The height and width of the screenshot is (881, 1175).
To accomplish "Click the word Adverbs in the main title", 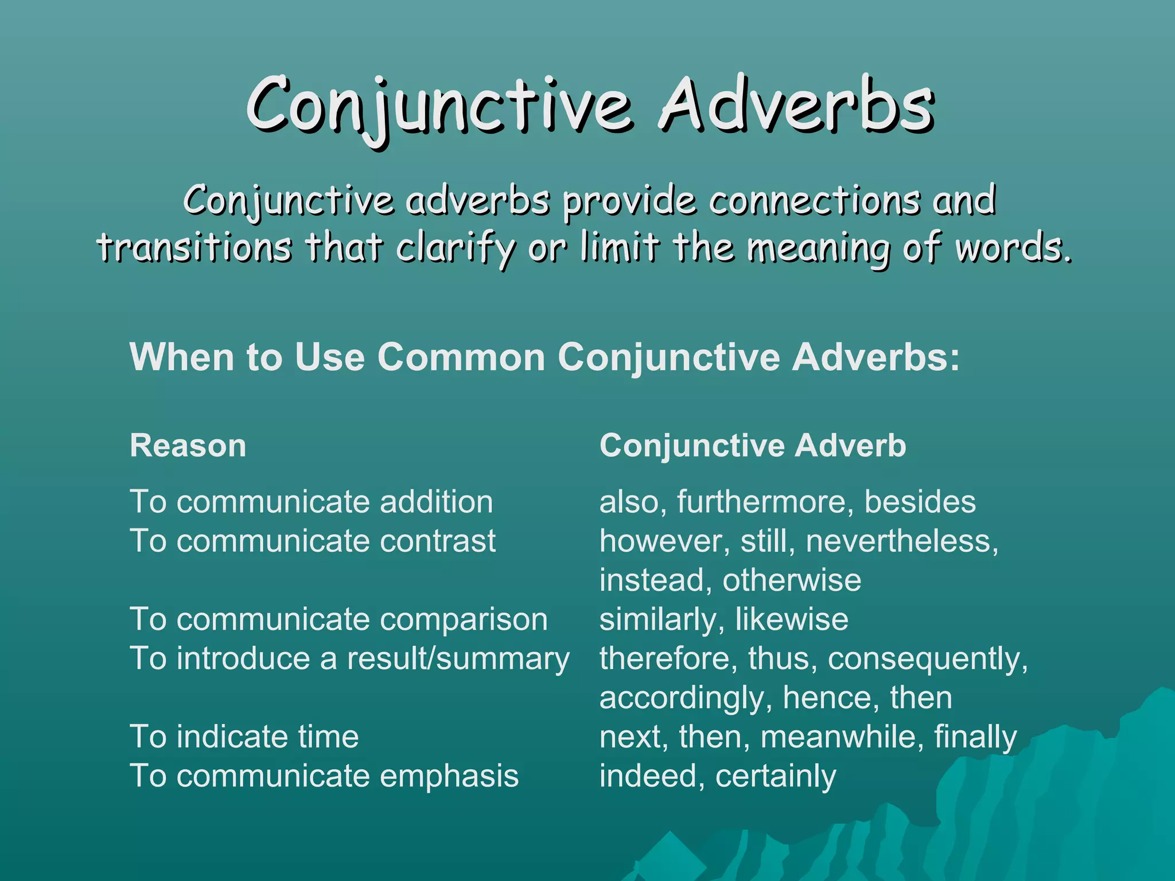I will pos(796,106).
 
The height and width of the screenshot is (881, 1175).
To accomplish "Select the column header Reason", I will pos(188,446).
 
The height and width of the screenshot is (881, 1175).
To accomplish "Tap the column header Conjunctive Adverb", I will pos(753,446).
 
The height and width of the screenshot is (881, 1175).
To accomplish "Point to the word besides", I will pos(920,502).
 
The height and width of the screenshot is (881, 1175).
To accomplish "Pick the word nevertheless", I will pos(901,541).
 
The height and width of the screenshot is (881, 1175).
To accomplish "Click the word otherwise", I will pos(792,580).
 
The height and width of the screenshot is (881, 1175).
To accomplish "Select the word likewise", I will pos(792,619).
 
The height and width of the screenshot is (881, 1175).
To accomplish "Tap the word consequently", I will pos(927,658).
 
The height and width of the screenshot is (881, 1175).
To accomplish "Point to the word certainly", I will pos(776,776).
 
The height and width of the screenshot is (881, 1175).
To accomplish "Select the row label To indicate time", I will pos(244,736).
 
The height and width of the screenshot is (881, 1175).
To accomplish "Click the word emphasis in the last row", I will pos(449,776).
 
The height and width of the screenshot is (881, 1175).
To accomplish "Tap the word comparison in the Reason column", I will pos(464,619).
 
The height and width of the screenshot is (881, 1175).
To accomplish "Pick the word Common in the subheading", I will pos(461,357).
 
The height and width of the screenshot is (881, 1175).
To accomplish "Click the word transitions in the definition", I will pos(194,248).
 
